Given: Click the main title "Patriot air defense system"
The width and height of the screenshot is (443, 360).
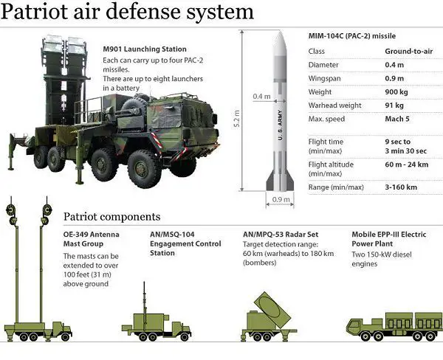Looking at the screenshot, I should [x=128, y=13].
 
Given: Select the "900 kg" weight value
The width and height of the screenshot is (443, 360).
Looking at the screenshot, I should [x=398, y=91].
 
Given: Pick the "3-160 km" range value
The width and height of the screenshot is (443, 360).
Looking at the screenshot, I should [x=403, y=188].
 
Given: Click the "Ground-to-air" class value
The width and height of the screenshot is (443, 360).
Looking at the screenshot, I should [x=408, y=51].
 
